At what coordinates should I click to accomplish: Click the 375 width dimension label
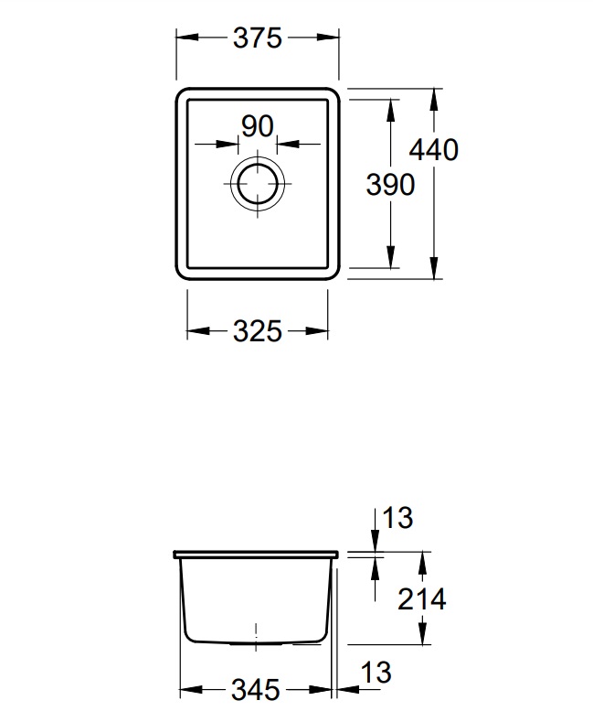[257, 38]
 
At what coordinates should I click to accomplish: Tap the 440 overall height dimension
[433, 150]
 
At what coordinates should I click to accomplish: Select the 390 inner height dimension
[390, 185]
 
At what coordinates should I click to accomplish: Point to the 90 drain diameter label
[258, 126]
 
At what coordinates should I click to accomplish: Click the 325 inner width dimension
[257, 331]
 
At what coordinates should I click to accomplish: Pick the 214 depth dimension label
[421, 599]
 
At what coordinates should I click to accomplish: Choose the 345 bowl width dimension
[255, 690]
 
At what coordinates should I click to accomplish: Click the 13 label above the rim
[397, 518]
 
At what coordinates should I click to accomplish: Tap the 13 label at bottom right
[376, 673]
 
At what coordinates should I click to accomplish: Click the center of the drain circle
[258, 183]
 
